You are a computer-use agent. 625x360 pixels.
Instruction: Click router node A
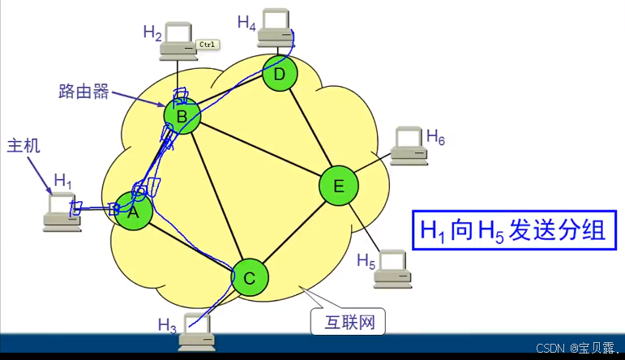pyautogui.click(x=134, y=212)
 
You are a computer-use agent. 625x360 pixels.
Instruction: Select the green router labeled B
pyautogui.click(x=182, y=118)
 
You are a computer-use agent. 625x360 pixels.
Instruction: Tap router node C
pyautogui.click(x=250, y=278)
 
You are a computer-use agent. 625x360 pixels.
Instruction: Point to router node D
pyautogui.click(x=280, y=75)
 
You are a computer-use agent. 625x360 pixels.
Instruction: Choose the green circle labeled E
pyautogui.click(x=339, y=186)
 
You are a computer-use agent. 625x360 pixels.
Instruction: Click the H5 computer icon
pyautogui.click(x=392, y=268)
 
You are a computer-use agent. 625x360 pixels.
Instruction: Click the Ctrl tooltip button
pyautogui.click(x=206, y=45)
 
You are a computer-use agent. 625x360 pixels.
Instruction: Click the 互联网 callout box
pyautogui.click(x=348, y=322)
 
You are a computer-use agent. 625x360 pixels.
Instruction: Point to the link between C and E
pyautogui.click(x=293, y=233)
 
